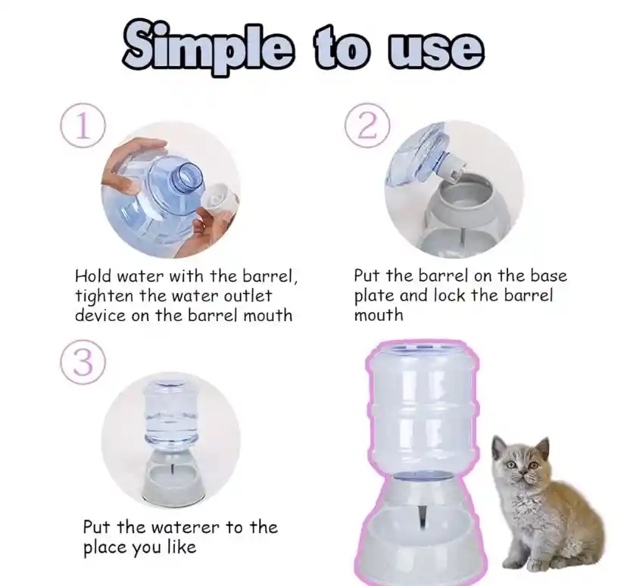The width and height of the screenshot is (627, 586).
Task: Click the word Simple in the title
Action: pyautogui.click(x=208, y=49)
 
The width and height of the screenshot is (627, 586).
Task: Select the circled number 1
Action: pyautogui.click(x=83, y=126)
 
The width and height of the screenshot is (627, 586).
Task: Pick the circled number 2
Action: pyautogui.click(x=367, y=126)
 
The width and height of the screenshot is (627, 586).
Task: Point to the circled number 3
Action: pyautogui.click(x=83, y=362)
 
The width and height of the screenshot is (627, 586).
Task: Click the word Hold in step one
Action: pyautogui.click(x=94, y=276)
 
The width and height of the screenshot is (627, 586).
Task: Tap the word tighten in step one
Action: pyautogui.click(x=104, y=296)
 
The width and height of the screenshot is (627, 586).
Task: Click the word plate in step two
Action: pyautogui.click(x=374, y=296)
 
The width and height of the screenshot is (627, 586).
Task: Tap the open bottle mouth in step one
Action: pyautogui.click(x=187, y=175)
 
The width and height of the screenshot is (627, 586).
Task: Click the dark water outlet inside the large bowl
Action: pyautogui.click(x=423, y=517)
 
